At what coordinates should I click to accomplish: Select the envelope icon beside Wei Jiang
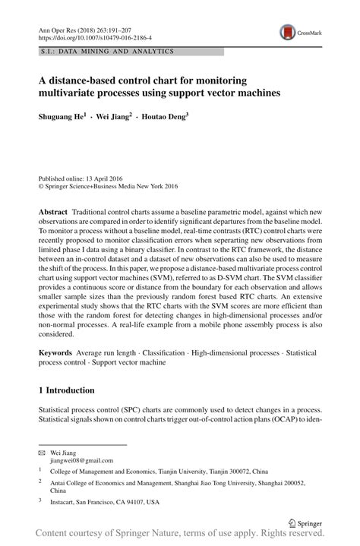(43, 453)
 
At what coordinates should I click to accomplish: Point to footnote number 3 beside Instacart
(40, 501)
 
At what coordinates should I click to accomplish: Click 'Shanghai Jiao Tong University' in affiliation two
(228, 482)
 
